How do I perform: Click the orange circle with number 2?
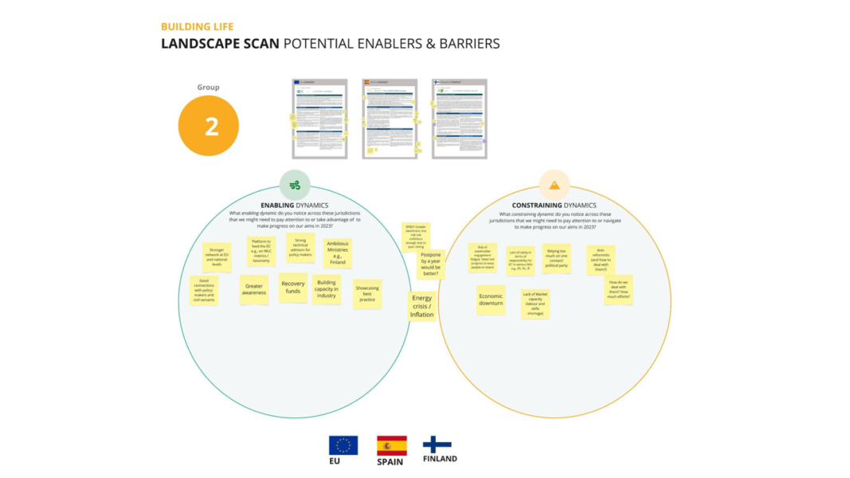tap(209, 126)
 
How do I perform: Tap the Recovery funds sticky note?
tap(293, 288)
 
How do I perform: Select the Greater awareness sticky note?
tap(254, 289)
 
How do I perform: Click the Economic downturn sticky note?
tap(491, 300)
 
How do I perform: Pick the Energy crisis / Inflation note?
tap(421, 305)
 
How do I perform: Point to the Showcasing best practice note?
tap(367, 294)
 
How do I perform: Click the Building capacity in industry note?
tap(327, 289)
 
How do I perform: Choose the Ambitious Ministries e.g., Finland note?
tap(338, 253)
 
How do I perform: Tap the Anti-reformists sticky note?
tap(601, 260)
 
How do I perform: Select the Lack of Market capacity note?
tap(535, 304)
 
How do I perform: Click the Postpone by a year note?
tap(430, 264)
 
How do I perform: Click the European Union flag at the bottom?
tap(343, 445)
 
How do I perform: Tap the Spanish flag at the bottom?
tap(391, 445)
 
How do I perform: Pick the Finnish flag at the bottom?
tap(437, 445)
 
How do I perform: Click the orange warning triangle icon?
tap(554, 185)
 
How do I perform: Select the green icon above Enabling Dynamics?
tap(295, 185)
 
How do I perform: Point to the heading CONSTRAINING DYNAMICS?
tap(554, 206)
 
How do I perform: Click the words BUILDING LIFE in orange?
tap(198, 27)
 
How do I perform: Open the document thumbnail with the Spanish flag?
tap(390, 119)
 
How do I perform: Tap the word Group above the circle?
tap(209, 88)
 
